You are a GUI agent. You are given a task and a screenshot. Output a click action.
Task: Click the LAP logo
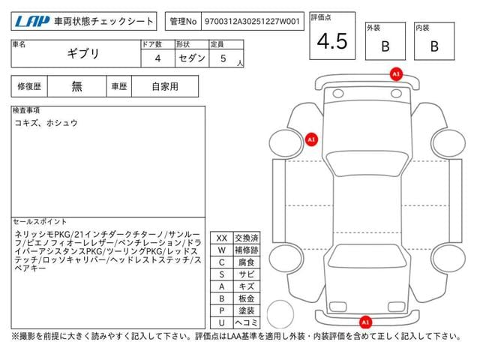[x=32, y=22]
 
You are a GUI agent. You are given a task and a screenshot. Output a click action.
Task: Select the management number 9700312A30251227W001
[x=252, y=22]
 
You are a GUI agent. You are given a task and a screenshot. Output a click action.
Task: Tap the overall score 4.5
[x=332, y=41]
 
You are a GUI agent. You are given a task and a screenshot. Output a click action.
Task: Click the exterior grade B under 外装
[x=385, y=46]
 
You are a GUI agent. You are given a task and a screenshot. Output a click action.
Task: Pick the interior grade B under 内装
[x=434, y=46]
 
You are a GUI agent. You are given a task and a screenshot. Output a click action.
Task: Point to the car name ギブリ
[x=83, y=54]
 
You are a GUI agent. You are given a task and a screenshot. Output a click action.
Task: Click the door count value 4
[x=157, y=58]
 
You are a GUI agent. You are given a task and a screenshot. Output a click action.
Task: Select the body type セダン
[x=192, y=58]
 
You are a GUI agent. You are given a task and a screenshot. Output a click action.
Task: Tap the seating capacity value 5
[x=223, y=58]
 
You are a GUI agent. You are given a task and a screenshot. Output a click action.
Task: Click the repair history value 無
[x=76, y=87]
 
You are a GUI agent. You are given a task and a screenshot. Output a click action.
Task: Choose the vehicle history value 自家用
[x=165, y=87]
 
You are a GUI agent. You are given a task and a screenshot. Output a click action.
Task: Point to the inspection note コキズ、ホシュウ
[x=46, y=123]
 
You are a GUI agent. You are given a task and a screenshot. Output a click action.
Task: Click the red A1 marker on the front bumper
[x=396, y=74]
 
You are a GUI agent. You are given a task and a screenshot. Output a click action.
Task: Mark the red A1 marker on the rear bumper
[x=365, y=322]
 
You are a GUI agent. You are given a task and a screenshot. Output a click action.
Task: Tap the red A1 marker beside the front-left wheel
[x=311, y=140]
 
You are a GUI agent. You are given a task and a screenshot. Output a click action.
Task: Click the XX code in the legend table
[x=222, y=238]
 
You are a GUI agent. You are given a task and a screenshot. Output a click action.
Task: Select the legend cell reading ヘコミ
[x=247, y=322]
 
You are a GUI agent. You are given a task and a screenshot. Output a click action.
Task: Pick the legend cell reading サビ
[x=247, y=274]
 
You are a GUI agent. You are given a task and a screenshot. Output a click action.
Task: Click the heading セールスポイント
[x=40, y=222]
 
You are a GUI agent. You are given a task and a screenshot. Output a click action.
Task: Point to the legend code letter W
[x=222, y=250]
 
